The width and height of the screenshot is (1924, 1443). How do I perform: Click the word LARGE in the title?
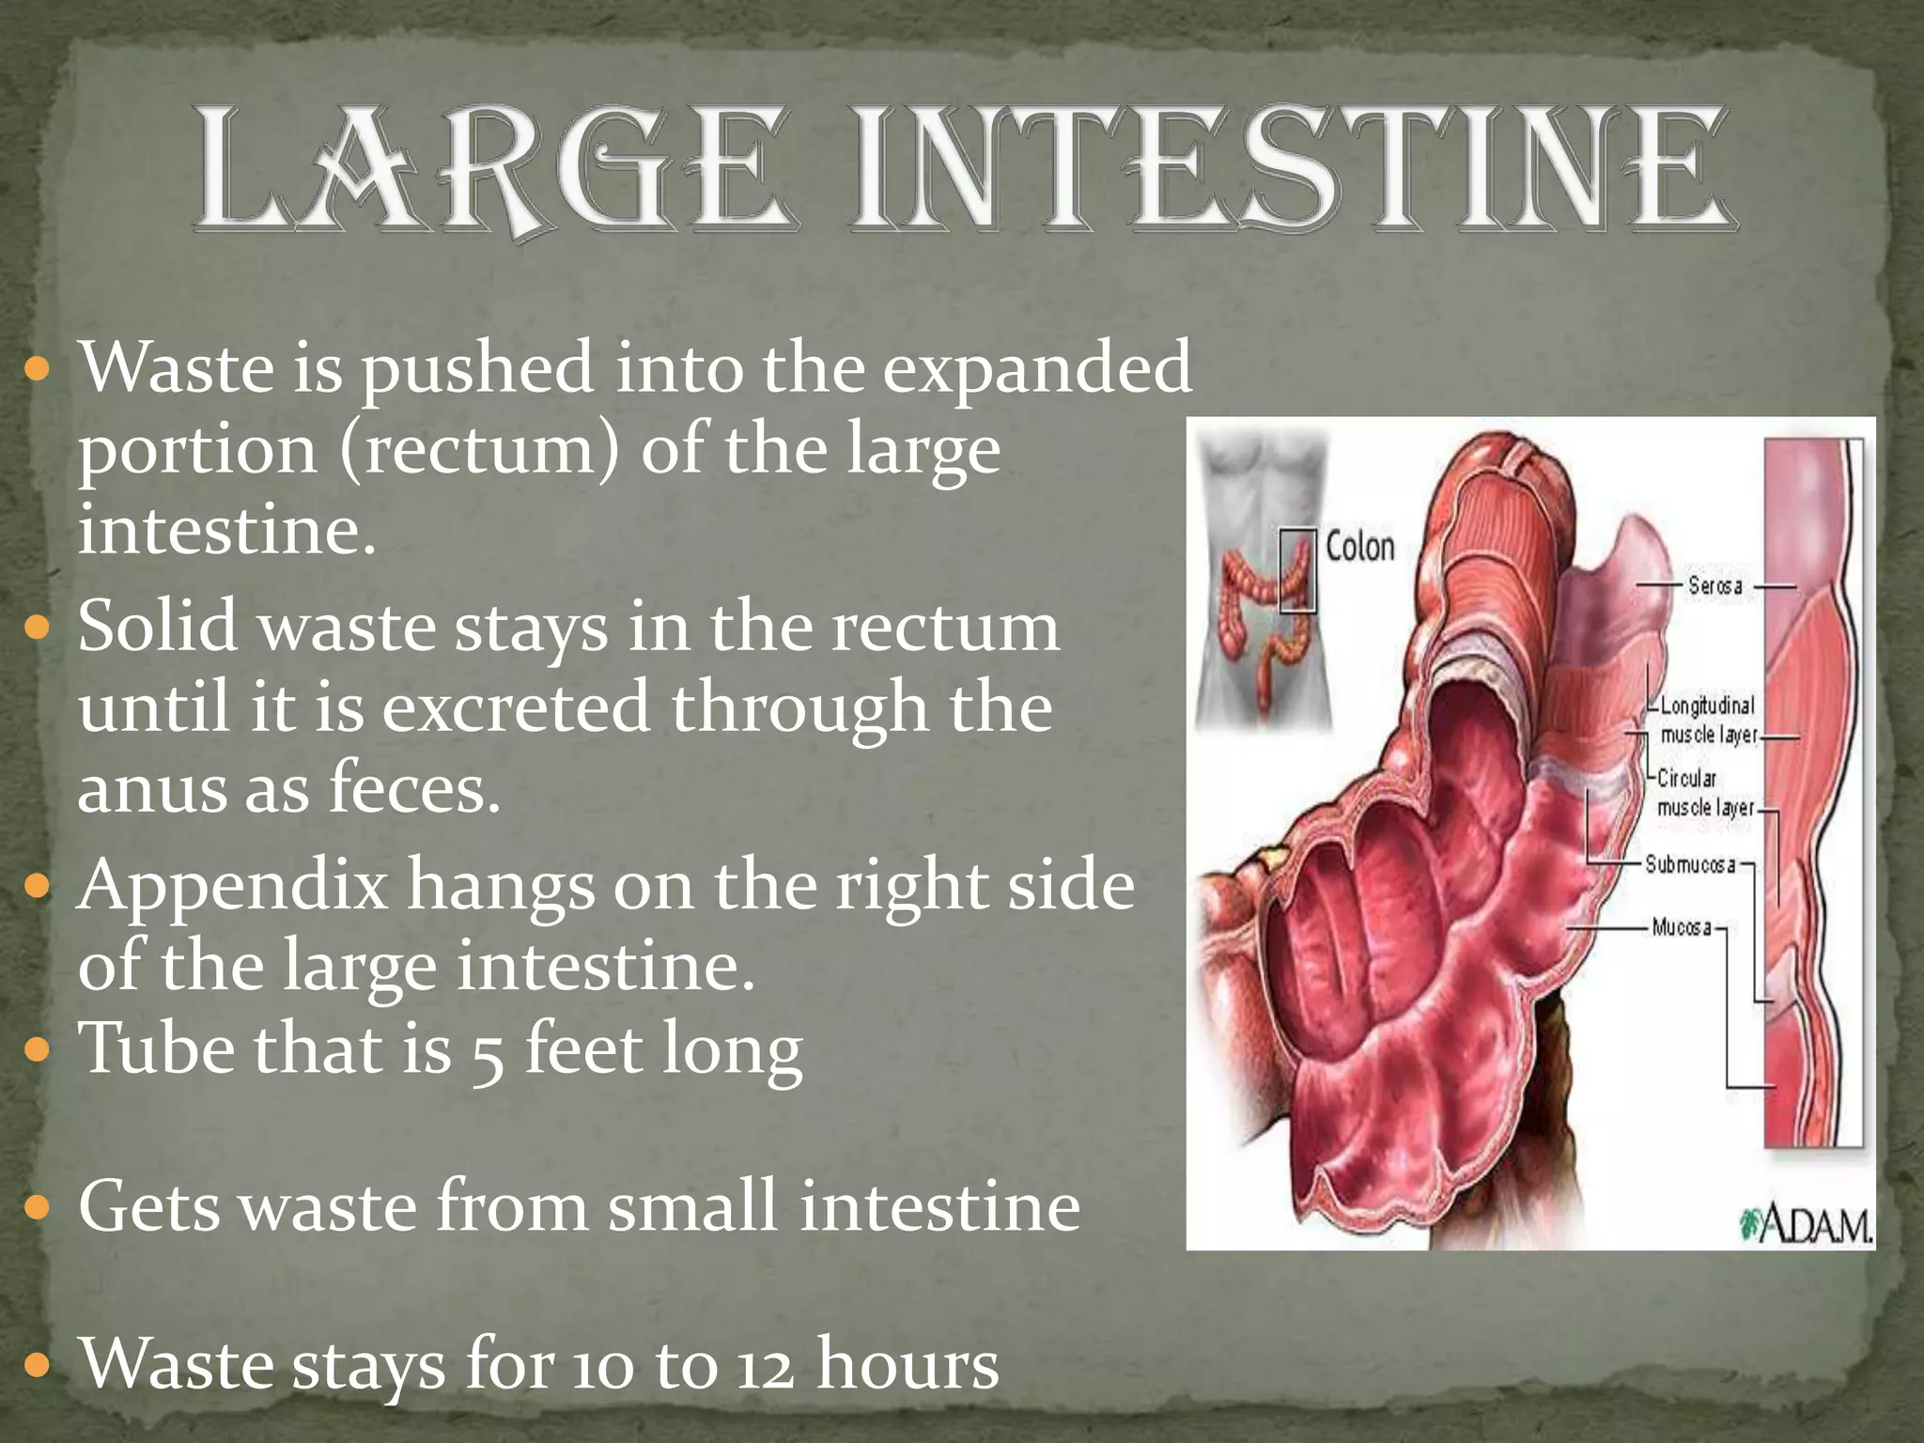click(x=493, y=169)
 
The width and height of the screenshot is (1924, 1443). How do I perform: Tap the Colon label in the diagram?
click(x=1359, y=546)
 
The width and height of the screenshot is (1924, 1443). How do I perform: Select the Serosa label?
click(x=1715, y=585)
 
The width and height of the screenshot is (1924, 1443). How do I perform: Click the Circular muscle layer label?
click(x=1704, y=793)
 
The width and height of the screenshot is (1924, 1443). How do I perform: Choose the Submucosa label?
click(x=1689, y=864)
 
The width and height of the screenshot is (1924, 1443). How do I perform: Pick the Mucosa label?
click(x=1682, y=928)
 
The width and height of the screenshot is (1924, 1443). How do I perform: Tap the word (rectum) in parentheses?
click(x=480, y=450)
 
